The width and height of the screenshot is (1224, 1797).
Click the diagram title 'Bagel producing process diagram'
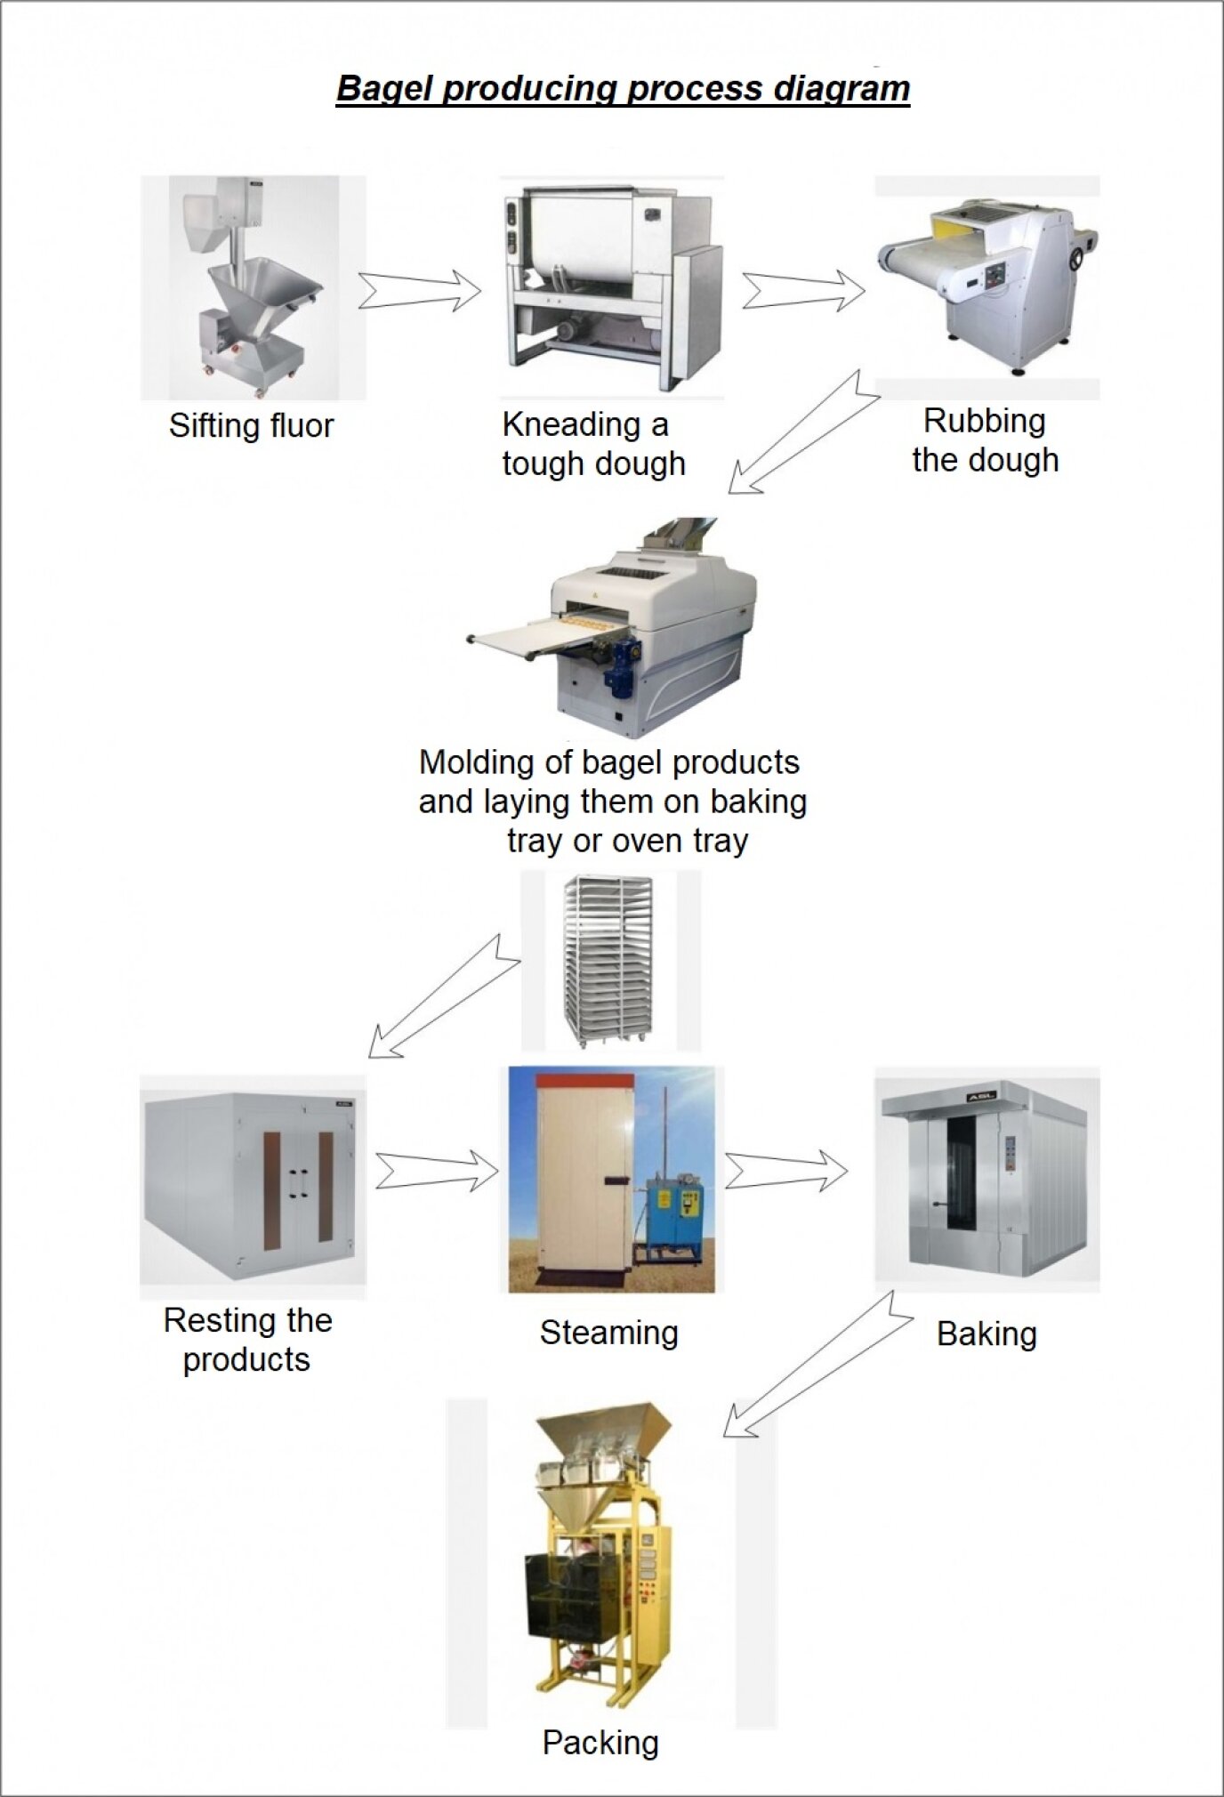[x=623, y=89]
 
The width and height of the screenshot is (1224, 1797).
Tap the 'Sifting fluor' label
[x=251, y=426]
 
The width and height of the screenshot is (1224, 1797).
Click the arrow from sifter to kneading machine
[x=420, y=290]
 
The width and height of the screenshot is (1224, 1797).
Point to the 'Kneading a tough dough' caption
[x=593, y=444]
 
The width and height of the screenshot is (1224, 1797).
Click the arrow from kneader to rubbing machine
[x=803, y=290]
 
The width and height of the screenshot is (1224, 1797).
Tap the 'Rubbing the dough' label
[x=985, y=440]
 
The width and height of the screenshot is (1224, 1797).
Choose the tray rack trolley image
[x=610, y=960]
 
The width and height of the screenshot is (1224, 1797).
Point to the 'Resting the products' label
[x=247, y=1340]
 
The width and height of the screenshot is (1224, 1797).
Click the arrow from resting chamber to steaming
[x=437, y=1171]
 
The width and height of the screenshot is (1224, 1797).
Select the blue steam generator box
[x=673, y=1209]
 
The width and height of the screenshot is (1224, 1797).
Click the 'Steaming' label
[x=609, y=1333]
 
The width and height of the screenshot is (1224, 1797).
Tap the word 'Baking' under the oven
[x=986, y=1334]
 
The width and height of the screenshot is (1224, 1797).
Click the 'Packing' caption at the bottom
[x=600, y=1742]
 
